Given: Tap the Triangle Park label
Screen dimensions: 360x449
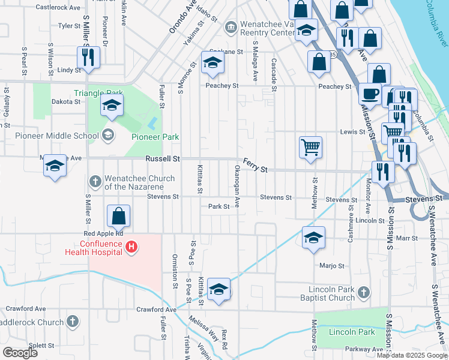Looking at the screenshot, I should click(98, 93).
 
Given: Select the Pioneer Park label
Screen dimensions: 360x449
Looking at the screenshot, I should click(155, 137).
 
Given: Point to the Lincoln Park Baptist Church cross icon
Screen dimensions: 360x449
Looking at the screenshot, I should click(363, 293).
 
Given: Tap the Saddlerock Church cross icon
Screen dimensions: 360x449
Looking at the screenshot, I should click(73, 322).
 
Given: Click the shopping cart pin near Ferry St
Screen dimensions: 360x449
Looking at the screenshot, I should click(310, 146).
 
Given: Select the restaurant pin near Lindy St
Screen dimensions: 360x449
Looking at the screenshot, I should click(88, 58).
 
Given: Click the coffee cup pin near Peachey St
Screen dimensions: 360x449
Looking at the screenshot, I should click(370, 94).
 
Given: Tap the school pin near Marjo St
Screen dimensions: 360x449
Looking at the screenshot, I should click(313, 238).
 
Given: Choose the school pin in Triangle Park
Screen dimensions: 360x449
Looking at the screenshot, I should click(111, 106).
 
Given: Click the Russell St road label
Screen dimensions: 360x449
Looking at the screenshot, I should click(163, 159).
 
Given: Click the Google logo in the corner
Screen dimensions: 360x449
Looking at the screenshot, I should click(20, 352).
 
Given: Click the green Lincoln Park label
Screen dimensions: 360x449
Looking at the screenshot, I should click(352, 332).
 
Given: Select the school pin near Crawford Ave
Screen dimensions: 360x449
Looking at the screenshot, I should click(219, 290).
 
